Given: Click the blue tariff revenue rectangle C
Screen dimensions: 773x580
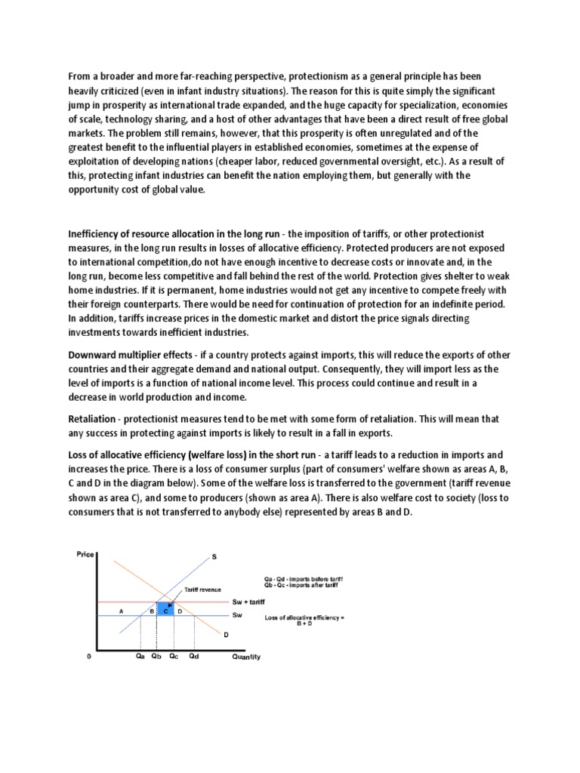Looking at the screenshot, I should click(165, 609).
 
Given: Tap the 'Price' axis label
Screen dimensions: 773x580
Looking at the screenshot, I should click(85, 555).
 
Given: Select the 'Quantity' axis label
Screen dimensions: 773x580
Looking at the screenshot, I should click(245, 657).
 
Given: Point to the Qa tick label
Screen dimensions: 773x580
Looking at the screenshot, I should click(140, 657).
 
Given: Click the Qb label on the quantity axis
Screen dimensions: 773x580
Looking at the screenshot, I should click(156, 657).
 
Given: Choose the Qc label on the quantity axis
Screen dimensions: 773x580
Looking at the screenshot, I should click(174, 657).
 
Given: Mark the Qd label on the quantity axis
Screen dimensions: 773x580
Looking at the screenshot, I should click(196, 657).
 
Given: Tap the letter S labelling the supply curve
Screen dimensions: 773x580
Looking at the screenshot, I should click(214, 557).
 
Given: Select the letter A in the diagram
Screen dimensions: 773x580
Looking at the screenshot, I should click(120, 609).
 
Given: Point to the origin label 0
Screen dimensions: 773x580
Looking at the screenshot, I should click(88, 657).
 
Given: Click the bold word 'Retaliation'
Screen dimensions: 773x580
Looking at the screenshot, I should click(94, 417).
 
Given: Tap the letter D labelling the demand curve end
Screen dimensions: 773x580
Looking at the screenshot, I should click(226, 635).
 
